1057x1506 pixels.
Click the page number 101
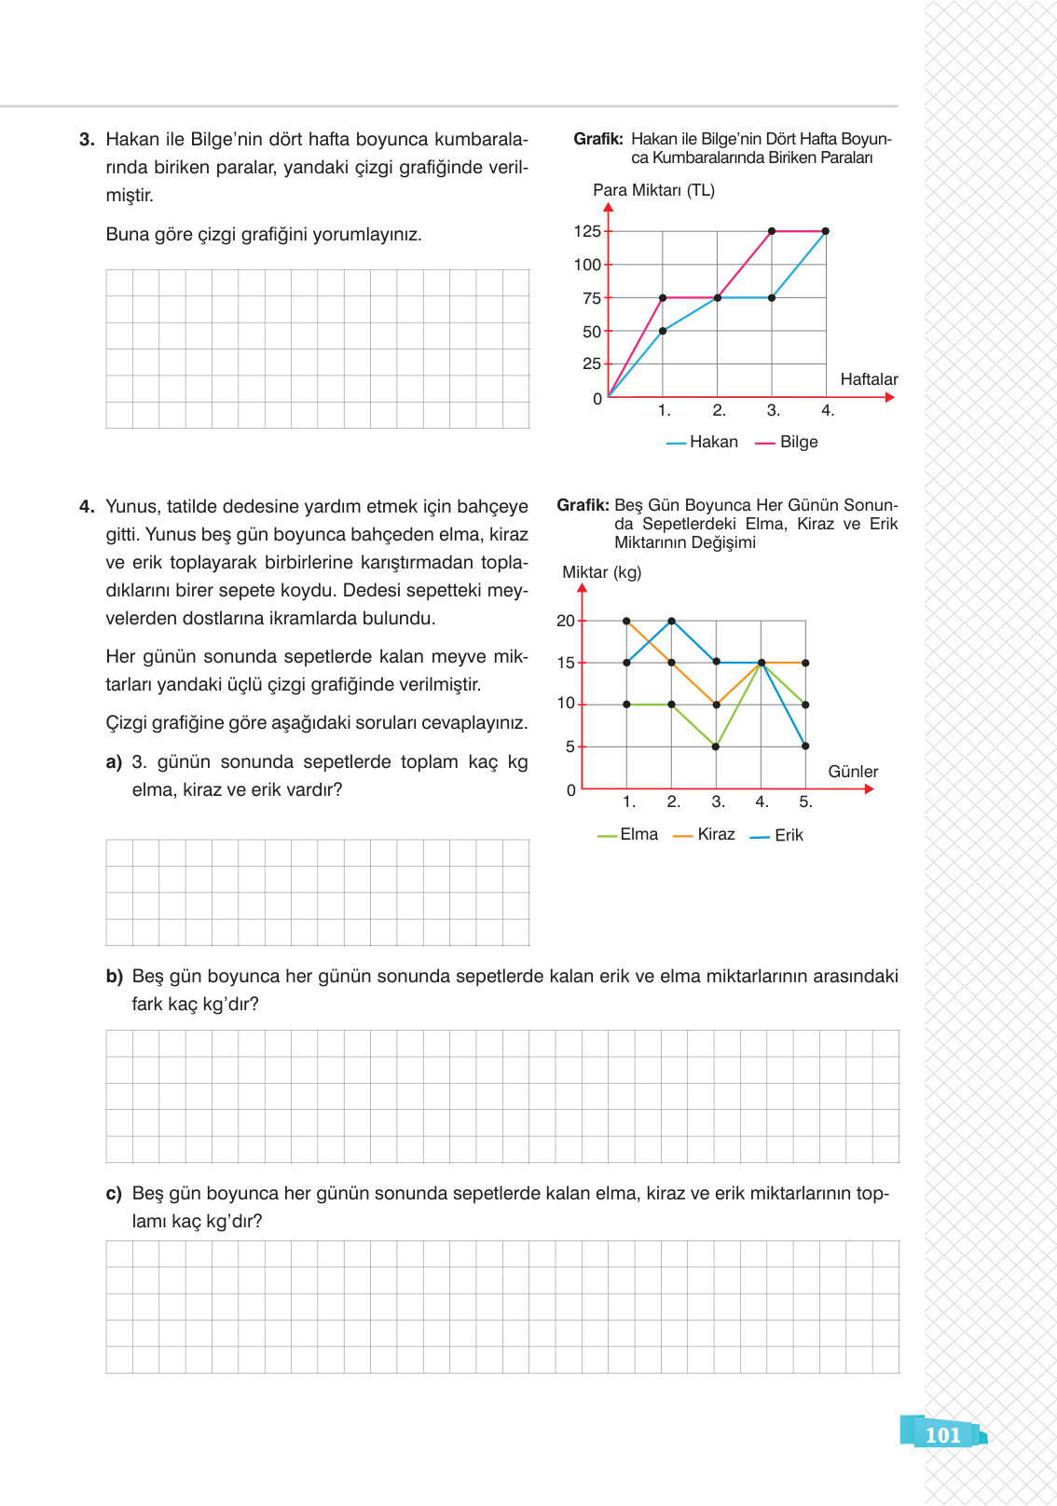coord(942,1435)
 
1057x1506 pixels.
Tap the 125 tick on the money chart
coord(587,231)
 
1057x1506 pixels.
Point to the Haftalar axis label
coord(869,379)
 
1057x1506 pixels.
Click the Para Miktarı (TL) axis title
coord(653,190)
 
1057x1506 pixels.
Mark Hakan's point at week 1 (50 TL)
coord(663,331)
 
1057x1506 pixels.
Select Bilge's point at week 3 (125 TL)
coord(772,231)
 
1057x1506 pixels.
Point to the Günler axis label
coord(853,772)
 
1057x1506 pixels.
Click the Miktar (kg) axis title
coord(601,572)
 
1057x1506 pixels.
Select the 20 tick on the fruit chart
coord(565,621)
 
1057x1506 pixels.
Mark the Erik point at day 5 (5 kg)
coord(805,746)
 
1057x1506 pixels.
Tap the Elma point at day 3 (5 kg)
coord(716,746)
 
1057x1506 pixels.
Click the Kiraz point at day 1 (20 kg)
coord(626,621)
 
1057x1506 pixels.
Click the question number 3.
coord(87,140)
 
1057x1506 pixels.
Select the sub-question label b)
coord(114,977)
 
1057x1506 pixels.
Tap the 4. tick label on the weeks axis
coord(828,410)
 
